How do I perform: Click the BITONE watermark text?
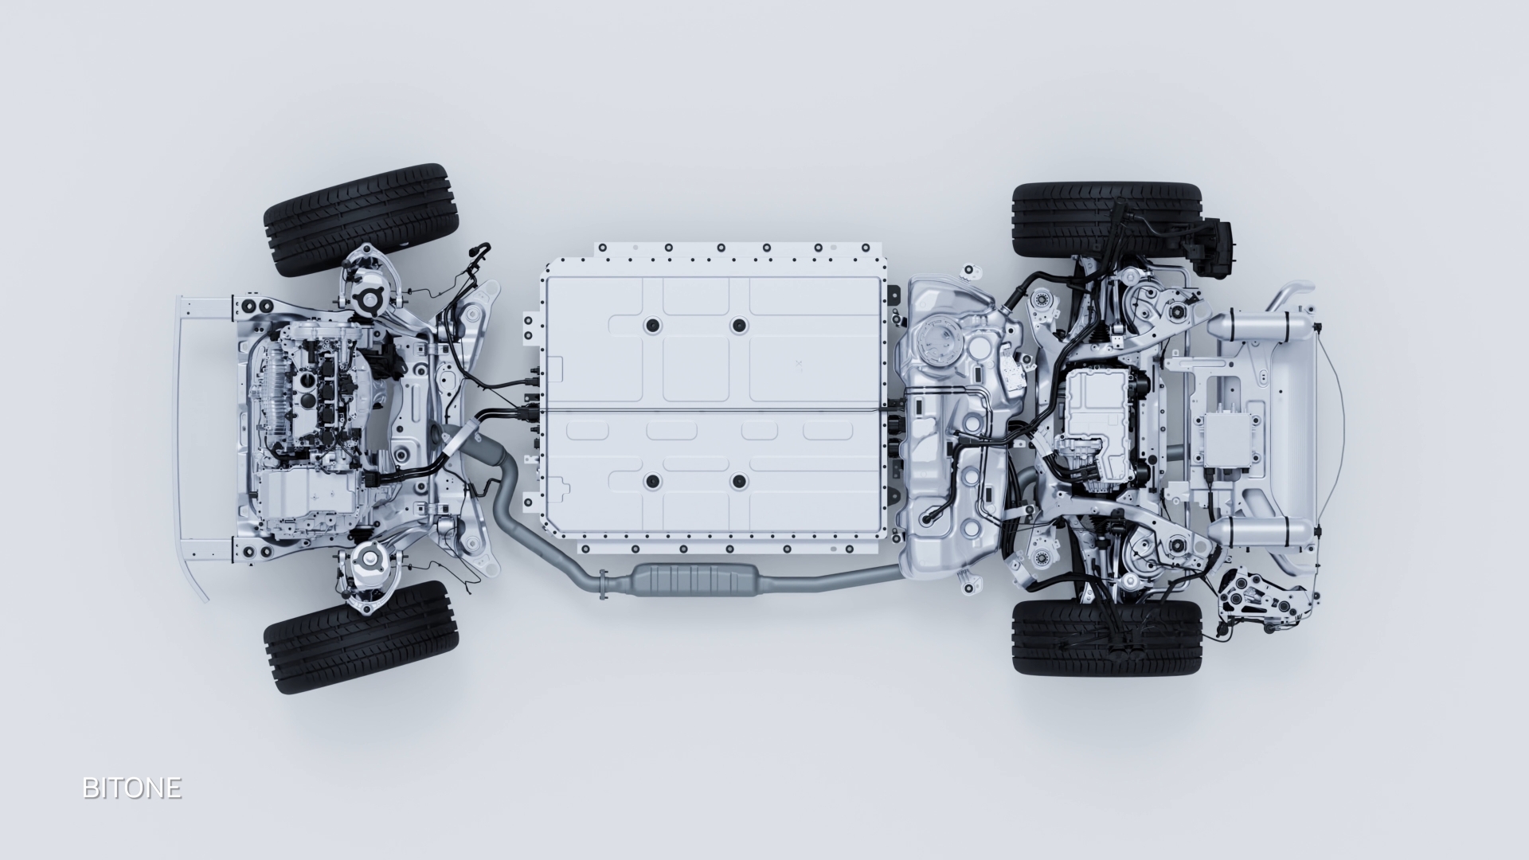131,788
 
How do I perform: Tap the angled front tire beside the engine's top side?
360,220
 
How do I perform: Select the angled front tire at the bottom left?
361,637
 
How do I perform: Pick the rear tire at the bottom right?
1106,637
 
